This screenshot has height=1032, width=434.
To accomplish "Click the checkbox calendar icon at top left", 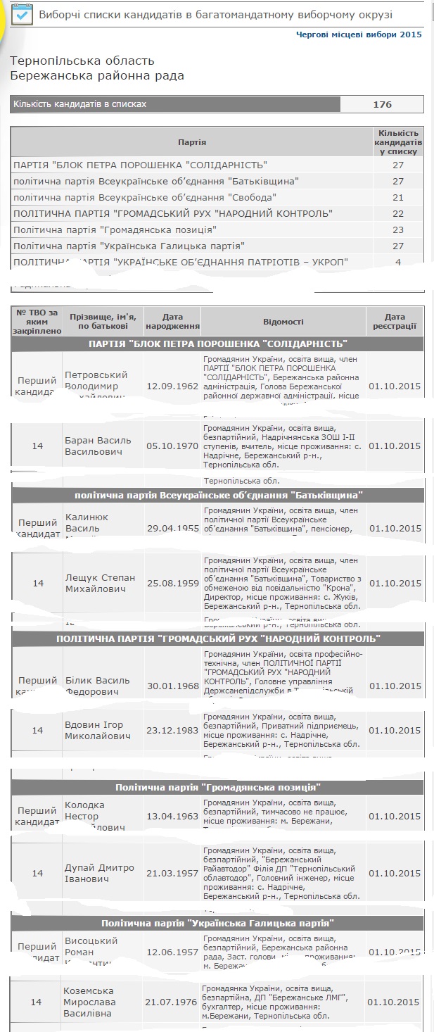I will tap(22, 15).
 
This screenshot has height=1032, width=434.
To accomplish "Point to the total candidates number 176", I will tap(382, 104).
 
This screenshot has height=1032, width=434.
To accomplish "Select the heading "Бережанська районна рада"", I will tap(97, 75).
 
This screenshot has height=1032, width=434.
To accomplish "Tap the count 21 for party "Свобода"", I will tap(398, 197).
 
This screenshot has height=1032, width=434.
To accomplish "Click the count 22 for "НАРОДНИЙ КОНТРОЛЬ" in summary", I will tap(398, 213).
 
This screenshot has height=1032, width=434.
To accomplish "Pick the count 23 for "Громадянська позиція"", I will tap(398, 229).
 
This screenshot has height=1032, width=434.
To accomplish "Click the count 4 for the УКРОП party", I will tap(398, 262).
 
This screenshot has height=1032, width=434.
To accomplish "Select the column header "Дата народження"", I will tap(172, 322).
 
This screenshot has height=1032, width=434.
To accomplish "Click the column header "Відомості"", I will tap(283, 322).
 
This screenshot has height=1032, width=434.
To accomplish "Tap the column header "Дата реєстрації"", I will tap(395, 322).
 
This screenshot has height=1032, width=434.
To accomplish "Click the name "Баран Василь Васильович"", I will tap(98, 446).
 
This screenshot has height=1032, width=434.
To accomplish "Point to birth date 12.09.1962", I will tap(172, 386).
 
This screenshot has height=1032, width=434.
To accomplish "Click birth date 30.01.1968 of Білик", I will tap(172, 686).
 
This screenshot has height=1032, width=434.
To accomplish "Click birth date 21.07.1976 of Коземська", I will tap(172, 1002).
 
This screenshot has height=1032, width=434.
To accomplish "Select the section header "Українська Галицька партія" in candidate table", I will tap(217, 923).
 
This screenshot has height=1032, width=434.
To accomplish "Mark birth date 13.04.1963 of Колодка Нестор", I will tap(172, 816).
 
